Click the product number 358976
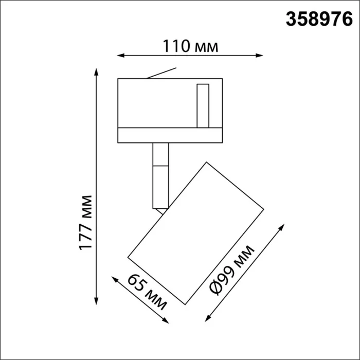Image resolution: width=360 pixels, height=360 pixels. point(319,19)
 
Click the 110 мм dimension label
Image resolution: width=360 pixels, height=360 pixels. point(191,46)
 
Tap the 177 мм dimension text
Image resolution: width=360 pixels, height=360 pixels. point(87,222)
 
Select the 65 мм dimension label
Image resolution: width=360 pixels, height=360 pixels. point(147,293)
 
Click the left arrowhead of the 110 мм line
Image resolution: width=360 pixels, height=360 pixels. point(120,53)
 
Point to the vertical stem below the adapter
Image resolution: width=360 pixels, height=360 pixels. point(160,175)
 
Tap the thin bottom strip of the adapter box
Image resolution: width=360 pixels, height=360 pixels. point(170,135)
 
